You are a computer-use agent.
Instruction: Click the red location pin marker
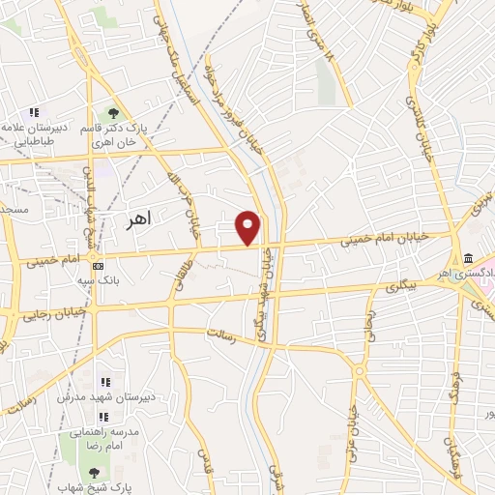click(249, 227)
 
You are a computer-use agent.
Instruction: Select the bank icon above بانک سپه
click(97, 265)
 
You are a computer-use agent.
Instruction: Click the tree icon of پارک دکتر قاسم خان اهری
click(114, 115)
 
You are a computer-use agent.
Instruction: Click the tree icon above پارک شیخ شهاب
click(94, 472)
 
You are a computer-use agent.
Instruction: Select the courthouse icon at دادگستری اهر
click(468, 258)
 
